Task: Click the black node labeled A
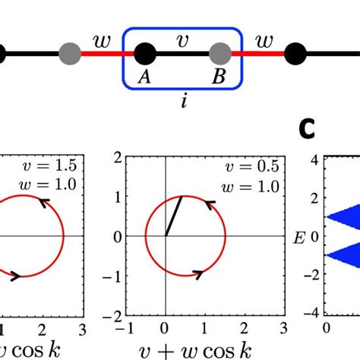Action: pyautogui.click(x=144, y=54)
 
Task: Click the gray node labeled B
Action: pyautogui.click(x=219, y=54)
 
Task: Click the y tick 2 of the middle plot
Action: pyautogui.click(x=118, y=157)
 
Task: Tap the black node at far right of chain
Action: pyautogui.click(x=297, y=54)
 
